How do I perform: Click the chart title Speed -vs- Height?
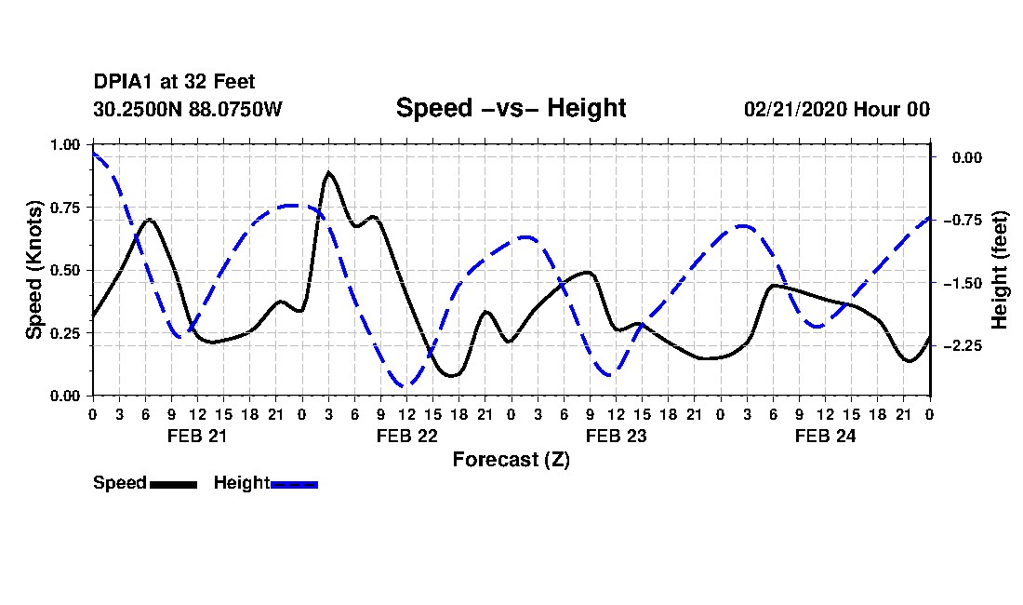pos(511,108)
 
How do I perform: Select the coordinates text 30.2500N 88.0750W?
pos(188,109)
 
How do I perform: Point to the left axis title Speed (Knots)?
pos(34,270)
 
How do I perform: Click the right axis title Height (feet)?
pos(1000,270)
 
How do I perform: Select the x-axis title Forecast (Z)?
pos(511,460)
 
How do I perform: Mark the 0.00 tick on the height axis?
pos(966,157)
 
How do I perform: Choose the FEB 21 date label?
pos(196,436)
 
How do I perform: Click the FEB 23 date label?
pos(616,436)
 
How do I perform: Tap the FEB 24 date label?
pos(825,436)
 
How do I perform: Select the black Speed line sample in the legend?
pos(173,484)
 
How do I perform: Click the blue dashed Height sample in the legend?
pos(294,484)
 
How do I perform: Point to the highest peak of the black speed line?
pos(328,172)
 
